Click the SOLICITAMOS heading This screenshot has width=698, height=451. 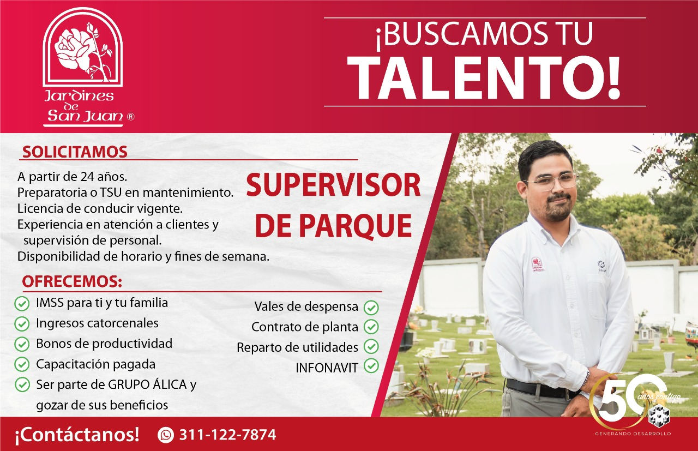[x=75, y=152]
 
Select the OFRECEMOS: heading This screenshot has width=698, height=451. [x=72, y=281]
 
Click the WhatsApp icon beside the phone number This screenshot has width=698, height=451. [x=165, y=435]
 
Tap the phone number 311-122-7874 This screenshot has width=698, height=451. [x=227, y=435]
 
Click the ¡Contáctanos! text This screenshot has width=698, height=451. [x=77, y=435]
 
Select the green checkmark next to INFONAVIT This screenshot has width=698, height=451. [x=371, y=366]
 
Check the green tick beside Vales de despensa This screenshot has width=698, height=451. [x=371, y=308]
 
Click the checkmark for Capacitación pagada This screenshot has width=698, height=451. [x=22, y=364]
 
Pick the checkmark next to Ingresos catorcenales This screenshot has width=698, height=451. [x=22, y=323]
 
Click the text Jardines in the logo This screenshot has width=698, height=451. [x=79, y=96]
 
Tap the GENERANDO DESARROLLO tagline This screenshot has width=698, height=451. [x=633, y=434]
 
